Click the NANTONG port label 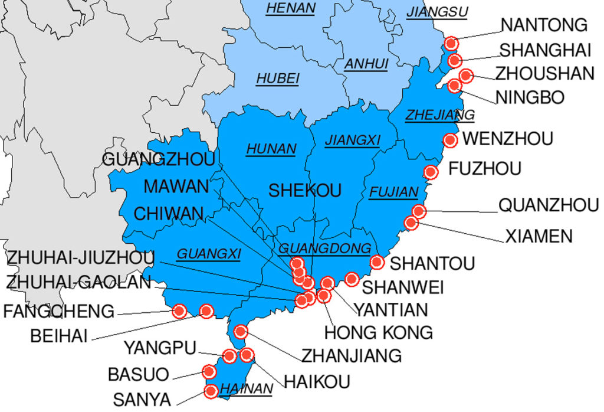pos(544,25)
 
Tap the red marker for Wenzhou pos(450,140)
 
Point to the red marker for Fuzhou pos(431,172)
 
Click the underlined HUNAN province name pos(271,149)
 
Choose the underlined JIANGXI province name pos(352,140)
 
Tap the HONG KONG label pos(378,332)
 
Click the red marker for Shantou pos(377,263)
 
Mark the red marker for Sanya pos(211,391)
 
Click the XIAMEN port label pos(538,237)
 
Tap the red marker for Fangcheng pos(179,310)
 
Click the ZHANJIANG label pos(352,355)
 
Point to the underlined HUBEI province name pos(277,79)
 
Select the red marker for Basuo pos(209,371)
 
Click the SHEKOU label pos(305,190)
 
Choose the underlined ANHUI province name pos(366,64)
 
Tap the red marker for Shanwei pos(352,279)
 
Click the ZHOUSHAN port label pos(544,73)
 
